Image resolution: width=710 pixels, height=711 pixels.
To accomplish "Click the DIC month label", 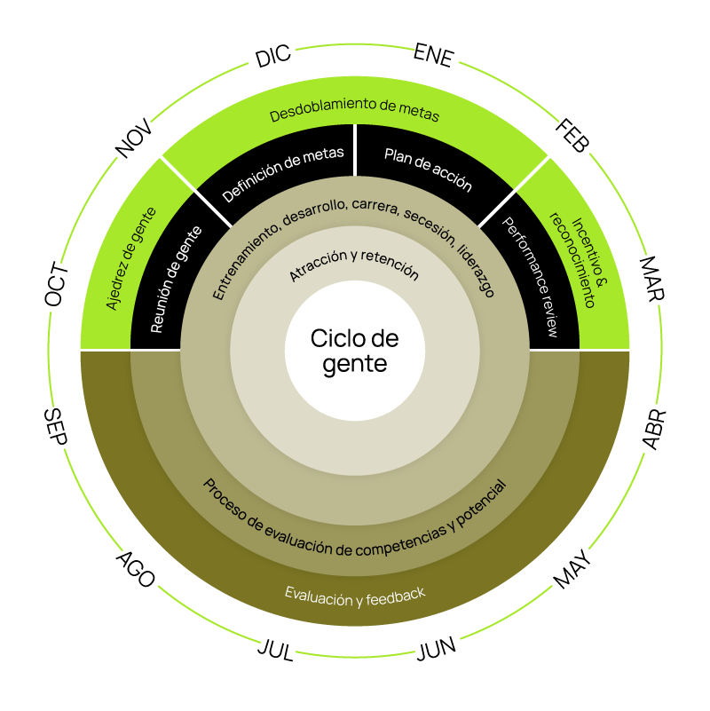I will pyautogui.click(x=273, y=58).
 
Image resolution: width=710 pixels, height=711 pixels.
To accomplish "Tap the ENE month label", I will pyautogui.click(x=434, y=57).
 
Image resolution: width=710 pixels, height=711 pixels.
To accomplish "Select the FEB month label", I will pyautogui.click(x=572, y=136).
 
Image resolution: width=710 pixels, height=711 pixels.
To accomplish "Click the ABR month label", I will pyautogui.click(x=652, y=430).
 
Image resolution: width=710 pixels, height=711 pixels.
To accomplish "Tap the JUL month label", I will pyautogui.click(x=275, y=649).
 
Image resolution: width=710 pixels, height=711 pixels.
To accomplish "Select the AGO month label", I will pyautogui.click(x=136, y=570).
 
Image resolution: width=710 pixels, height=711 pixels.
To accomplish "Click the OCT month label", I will pyautogui.click(x=57, y=285).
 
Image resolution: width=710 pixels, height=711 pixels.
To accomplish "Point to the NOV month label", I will pyautogui.click(x=135, y=139).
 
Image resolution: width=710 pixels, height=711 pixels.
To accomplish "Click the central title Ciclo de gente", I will pyautogui.click(x=355, y=351).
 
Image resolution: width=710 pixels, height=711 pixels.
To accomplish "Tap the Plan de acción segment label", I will pyautogui.click(x=428, y=169).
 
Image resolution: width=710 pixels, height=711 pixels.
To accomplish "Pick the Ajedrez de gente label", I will pyautogui.click(x=131, y=258).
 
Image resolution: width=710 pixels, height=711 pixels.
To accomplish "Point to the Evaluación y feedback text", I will pyautogui.click(x=355, y=596).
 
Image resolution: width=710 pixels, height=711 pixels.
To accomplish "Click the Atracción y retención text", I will pyautogui.click(x=353, y=265).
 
